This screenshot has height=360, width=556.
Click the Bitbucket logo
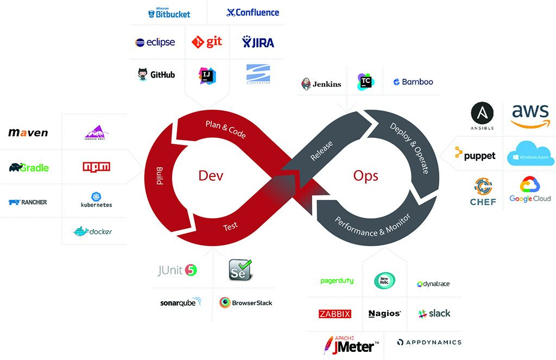click(x=169, y=14)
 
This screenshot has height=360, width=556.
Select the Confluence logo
click(x=252, y=12)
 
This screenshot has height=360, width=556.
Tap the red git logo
click(x=207, y=42)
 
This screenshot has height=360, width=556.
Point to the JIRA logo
click(x=258, y=42)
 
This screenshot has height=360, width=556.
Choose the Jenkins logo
click(x=321, y=84)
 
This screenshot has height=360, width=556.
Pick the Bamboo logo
click(x=413, y=82)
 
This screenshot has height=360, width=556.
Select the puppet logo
click(x=475, y=155)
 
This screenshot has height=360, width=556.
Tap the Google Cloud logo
click(x=530, y=190)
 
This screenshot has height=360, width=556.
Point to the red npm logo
click(x=97, y=167)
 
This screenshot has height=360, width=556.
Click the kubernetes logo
click(x=97, y=200)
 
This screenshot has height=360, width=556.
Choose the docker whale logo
click(x=92, y=231)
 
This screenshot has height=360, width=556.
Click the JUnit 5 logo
click(x=177, y=270)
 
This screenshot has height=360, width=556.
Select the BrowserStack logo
click(x=245, y=302)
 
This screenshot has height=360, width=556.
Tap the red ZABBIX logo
click(x=335, y=314)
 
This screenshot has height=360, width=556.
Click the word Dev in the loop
click(x=211, y=176)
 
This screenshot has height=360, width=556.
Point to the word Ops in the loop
click(x=365, y=176)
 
